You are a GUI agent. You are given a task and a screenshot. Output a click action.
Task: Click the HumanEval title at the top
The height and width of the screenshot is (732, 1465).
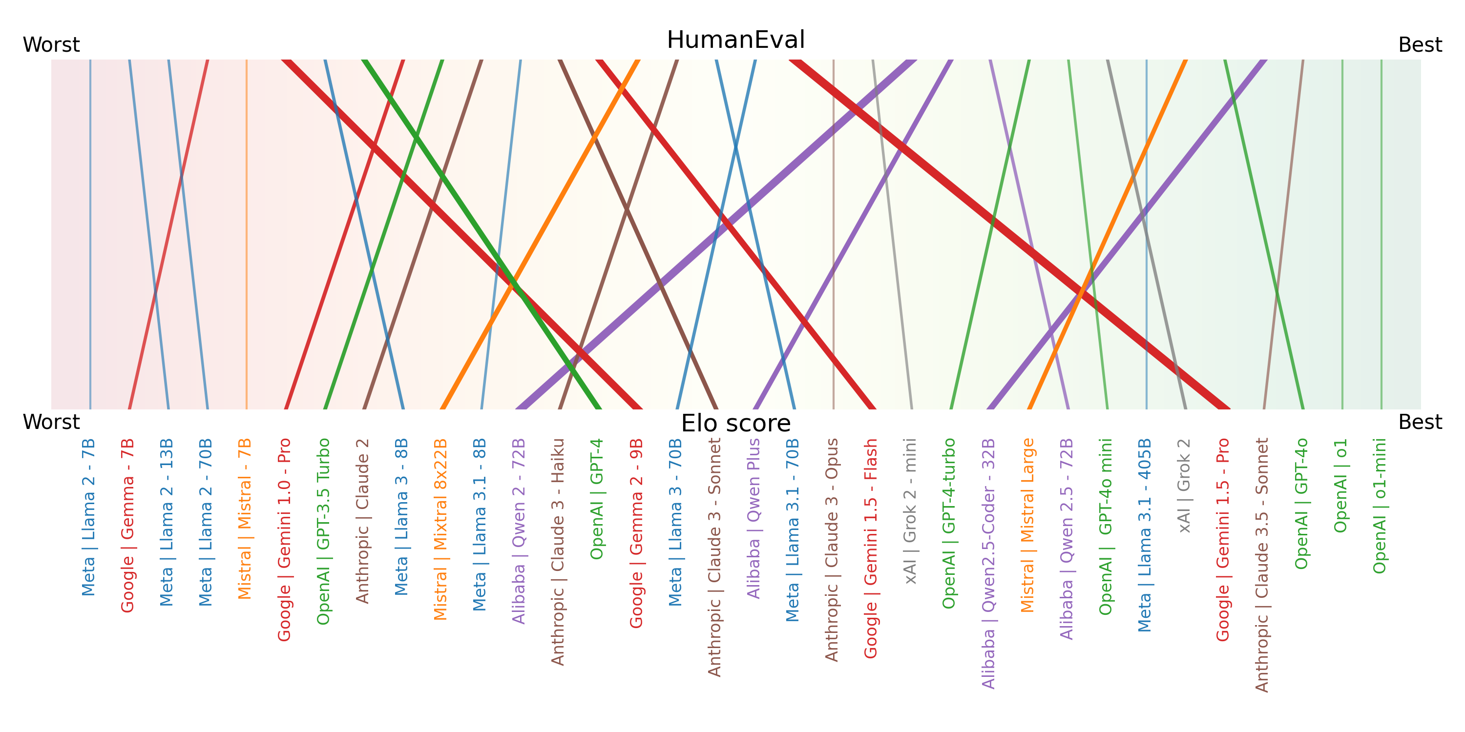click(735, 41)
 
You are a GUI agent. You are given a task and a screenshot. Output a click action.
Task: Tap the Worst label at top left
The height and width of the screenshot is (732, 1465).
click(51, 45)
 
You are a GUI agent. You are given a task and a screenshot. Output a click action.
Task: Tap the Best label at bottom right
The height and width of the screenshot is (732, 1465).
click(1420, 422)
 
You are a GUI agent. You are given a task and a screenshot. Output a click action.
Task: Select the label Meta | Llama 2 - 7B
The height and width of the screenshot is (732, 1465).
click(88, 517)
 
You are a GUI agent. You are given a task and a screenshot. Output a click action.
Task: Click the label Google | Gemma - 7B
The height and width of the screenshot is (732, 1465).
click(127, 526)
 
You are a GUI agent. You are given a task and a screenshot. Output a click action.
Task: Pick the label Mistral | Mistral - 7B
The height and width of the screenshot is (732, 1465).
click(245, 519)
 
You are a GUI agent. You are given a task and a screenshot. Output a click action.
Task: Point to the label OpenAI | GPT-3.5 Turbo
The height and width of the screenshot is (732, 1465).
click(323, 531)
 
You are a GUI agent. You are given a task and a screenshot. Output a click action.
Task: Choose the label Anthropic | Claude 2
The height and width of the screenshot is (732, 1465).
click(362, 521)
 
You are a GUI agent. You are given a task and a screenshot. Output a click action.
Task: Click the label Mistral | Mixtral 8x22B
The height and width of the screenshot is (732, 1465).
click(440, 529)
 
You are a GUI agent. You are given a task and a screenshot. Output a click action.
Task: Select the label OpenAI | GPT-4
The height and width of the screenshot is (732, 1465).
click(597, 499)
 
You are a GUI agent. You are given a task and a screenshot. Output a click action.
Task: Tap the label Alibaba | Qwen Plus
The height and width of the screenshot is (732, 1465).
click(753, 518)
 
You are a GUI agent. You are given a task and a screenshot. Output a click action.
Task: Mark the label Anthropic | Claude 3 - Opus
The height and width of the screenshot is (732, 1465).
click(832, 549)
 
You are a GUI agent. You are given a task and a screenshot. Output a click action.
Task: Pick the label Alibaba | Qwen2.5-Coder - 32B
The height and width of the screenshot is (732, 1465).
click(988, 563)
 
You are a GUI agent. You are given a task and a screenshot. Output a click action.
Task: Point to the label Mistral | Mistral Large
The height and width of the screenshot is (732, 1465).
click(1027, 525)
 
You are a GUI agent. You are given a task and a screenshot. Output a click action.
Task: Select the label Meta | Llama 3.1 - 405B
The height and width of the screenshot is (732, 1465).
click(1144, 535)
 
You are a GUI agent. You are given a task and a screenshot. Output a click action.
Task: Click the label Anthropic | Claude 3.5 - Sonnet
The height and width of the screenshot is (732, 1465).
click(1262, 565)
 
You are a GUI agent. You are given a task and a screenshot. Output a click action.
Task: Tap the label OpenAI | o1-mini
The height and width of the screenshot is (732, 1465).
click(1379, 506)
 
